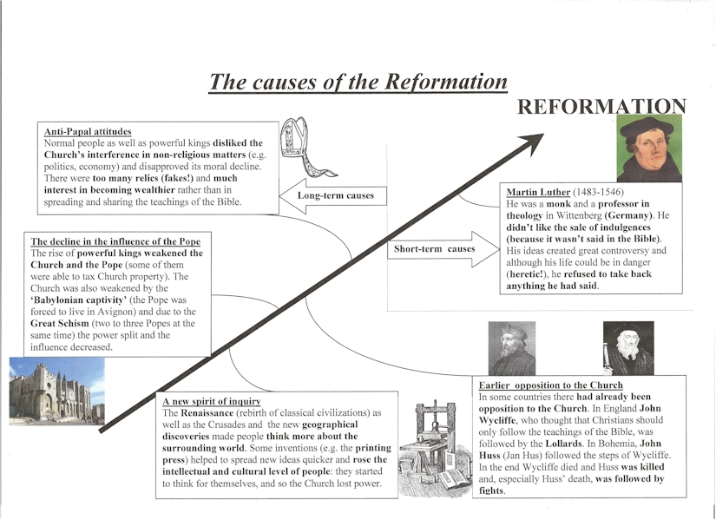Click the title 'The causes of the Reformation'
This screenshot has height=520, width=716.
358,82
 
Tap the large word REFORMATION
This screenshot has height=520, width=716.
601,107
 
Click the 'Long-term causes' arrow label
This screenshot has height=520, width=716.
335,196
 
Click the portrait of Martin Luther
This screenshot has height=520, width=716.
651,148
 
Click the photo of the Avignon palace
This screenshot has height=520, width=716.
56,392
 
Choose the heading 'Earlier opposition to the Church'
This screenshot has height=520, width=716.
550,385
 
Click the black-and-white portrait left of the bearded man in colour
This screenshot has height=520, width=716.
512,348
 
